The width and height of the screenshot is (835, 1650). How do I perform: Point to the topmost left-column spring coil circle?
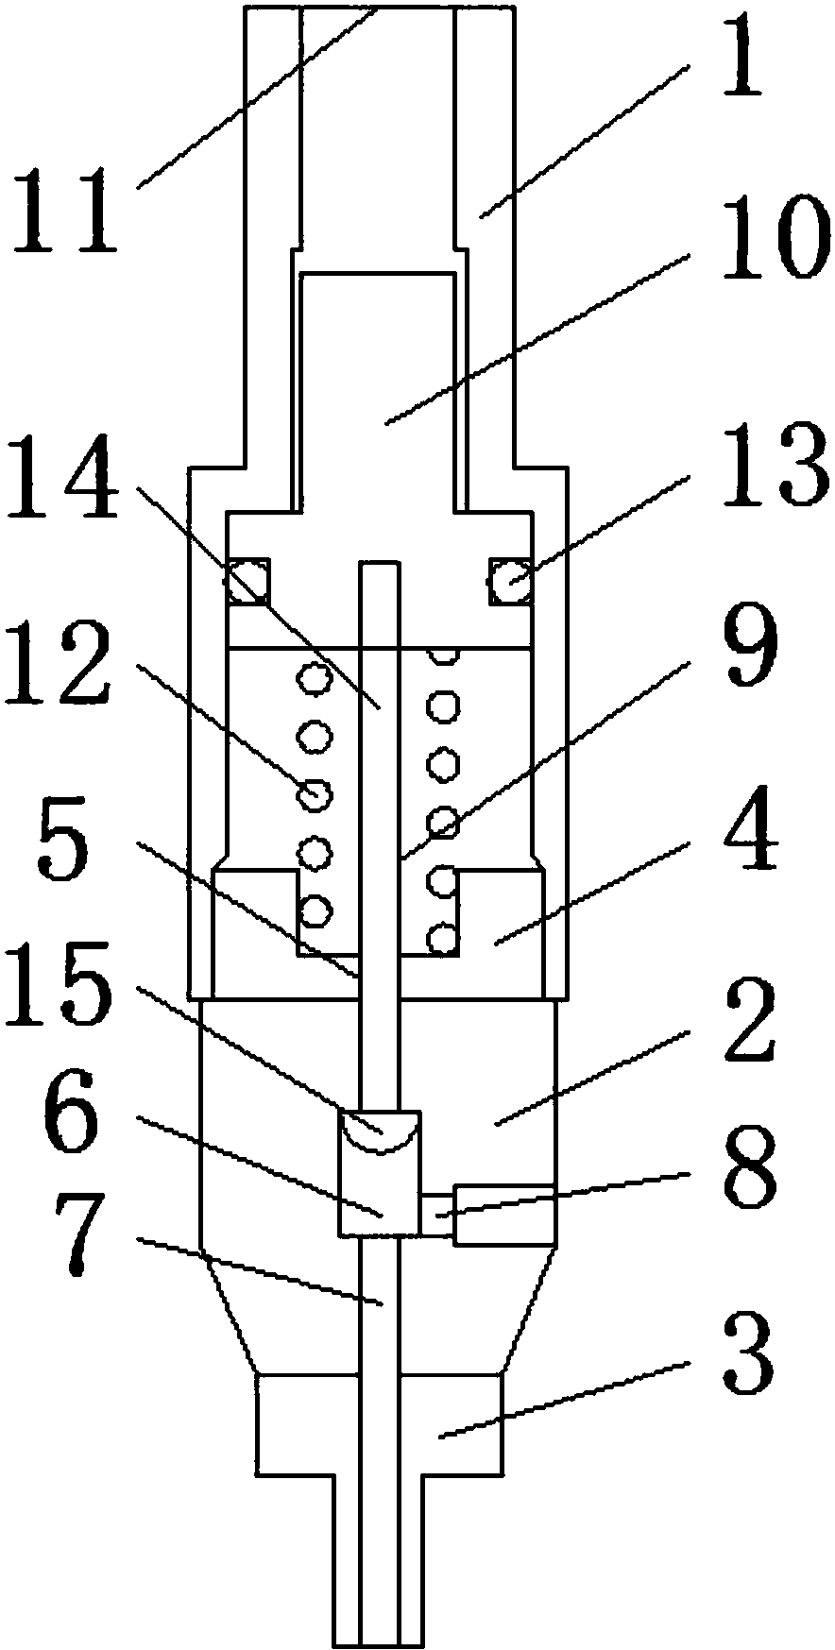(x=311, y=678)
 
